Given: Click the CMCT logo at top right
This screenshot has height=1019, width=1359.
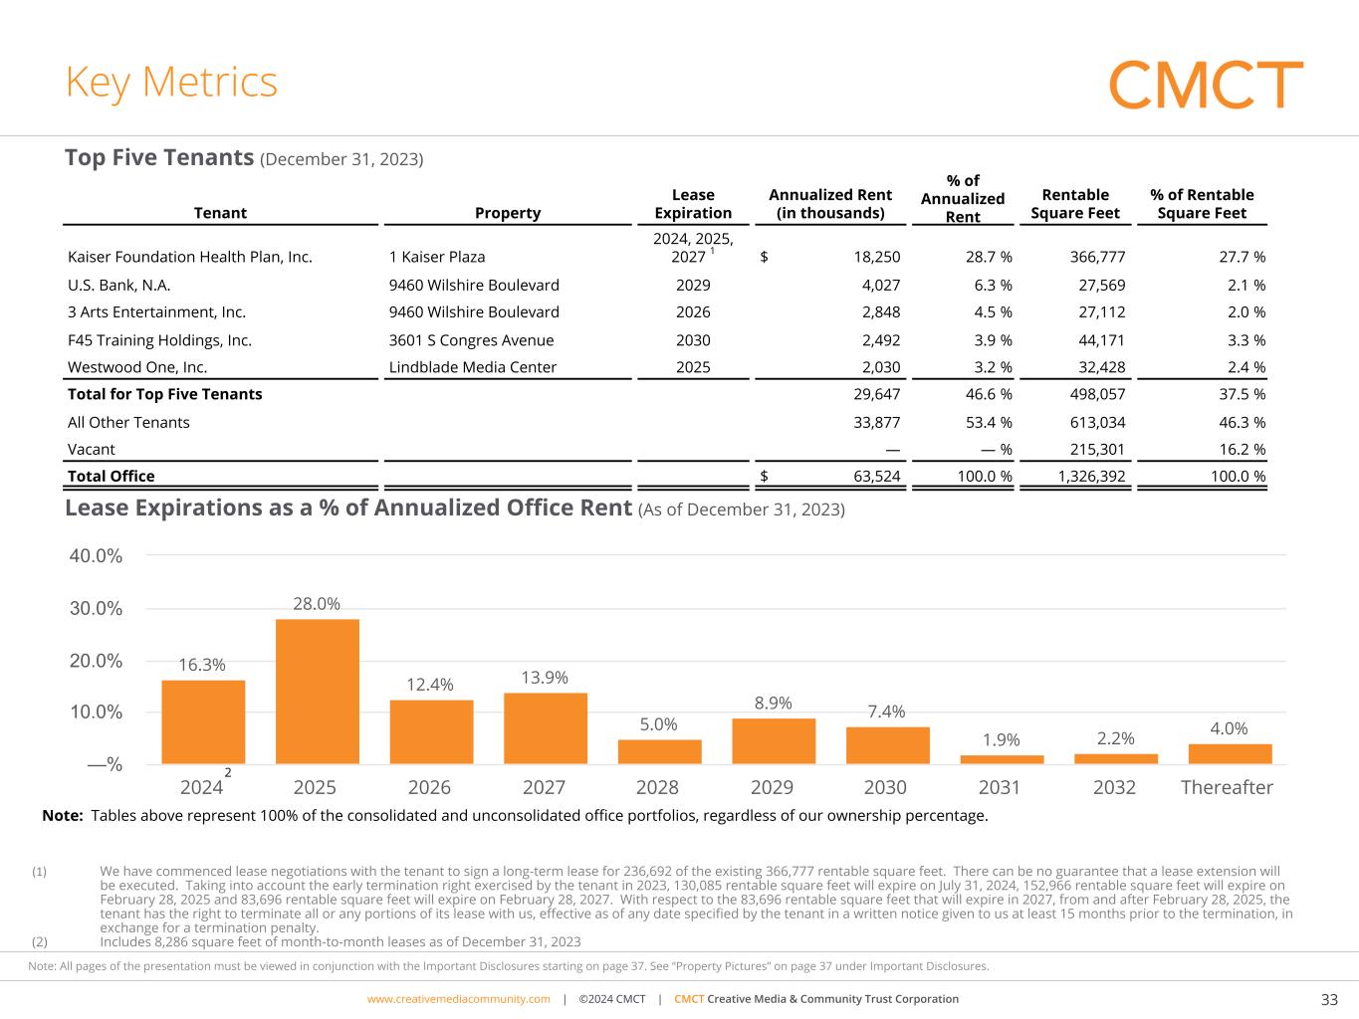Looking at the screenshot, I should (x=1205, y=85).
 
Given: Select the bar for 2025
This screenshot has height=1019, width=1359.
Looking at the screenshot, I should (x=317, y=692).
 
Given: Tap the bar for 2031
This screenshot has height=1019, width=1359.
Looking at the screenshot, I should (x=1002, y=759).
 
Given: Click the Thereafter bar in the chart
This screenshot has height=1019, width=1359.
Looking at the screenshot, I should (x=1230, y=754).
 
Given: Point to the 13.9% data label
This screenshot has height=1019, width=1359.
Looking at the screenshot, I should (x=545, y=678).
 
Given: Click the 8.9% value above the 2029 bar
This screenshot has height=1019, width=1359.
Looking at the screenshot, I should (x=773, y=703).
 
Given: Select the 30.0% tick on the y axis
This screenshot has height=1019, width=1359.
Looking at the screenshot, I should (x=96, y=608).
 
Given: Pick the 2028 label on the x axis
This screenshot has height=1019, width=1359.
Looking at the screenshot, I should (x=657, y=787).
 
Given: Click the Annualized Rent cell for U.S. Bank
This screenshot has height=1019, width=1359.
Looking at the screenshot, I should (x=876, y=285).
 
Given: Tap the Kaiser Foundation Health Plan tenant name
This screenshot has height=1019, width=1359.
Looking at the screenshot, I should (x=189, y=257).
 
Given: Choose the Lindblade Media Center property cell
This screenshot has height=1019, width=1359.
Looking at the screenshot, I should (x=473, y=367).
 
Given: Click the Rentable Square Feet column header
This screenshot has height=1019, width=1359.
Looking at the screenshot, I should (x=1075, y=204).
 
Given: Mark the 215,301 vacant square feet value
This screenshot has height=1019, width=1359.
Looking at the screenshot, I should (x=1097, y=449).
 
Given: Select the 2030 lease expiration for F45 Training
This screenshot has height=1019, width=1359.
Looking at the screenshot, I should (x=693, y=340).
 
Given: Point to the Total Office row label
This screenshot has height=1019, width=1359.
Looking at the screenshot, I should (x=111, y=476).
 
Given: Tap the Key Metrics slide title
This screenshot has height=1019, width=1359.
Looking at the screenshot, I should (x=171, y=82).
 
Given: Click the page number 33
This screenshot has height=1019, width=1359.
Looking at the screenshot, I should (x=1328, y=999).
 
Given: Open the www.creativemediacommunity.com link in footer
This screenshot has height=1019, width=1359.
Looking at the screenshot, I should (x=458, y=999).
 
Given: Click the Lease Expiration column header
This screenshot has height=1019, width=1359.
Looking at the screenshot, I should (x=693, y=204).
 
